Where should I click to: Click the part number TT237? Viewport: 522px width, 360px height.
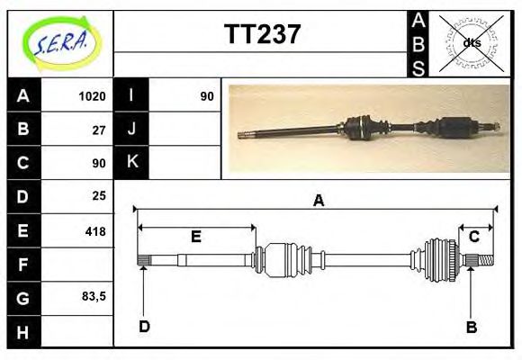261,35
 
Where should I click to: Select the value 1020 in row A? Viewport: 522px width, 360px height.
93,96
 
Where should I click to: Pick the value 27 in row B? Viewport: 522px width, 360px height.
99,130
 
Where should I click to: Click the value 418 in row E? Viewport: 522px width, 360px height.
94,231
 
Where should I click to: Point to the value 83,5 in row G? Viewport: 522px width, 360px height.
93,296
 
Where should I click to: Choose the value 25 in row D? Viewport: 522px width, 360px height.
99,195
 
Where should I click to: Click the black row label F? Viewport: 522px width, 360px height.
22,265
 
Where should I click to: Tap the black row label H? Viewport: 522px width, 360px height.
22,332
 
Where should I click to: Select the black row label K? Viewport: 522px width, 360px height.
132,162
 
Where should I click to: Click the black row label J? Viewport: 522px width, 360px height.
132,129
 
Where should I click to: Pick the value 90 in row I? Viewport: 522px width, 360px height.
207,96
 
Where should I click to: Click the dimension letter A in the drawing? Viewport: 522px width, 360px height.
318,202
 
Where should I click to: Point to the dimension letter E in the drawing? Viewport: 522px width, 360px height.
195,237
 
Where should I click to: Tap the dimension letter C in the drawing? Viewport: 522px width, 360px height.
474,237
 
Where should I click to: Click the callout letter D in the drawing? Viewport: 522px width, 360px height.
144,326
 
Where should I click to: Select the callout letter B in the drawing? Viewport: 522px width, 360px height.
471,327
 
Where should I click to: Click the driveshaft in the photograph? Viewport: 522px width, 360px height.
369,128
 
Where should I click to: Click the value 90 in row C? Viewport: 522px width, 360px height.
99,163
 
